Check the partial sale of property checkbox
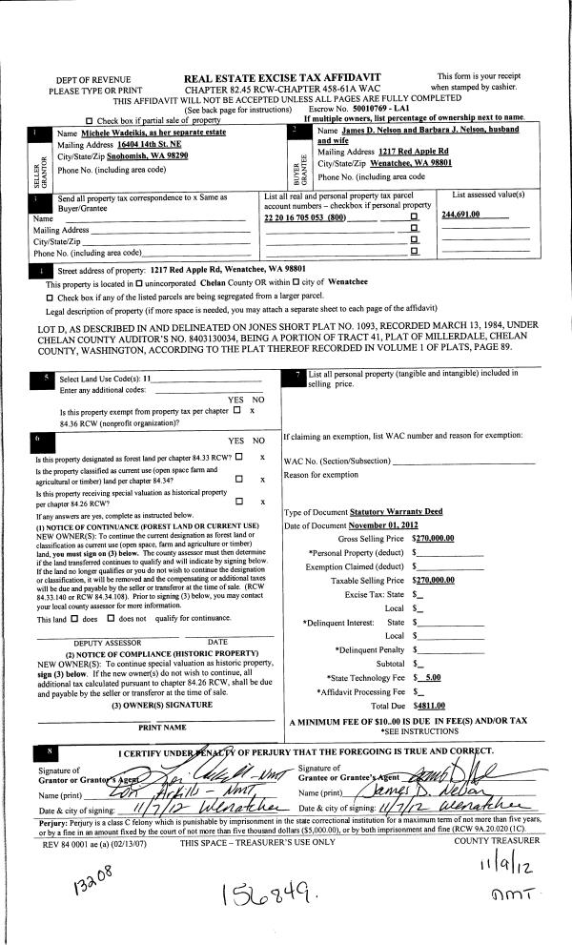click(x=90, y=120)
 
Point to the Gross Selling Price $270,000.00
click(x=433, y=539)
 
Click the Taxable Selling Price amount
click(x=433, y=579)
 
